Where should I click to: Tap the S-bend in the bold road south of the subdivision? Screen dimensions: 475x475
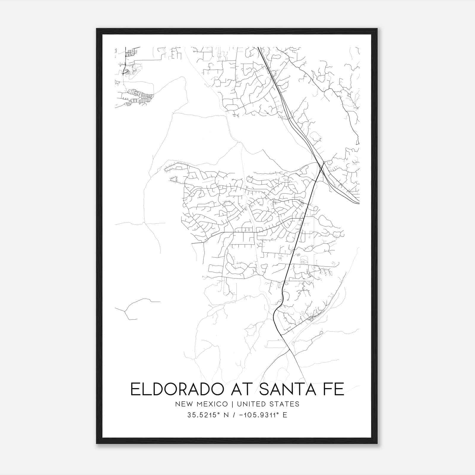coord(281,300)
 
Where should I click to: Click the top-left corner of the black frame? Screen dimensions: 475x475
coord(97,29)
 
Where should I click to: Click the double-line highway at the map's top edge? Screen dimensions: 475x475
coord(258,48)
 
